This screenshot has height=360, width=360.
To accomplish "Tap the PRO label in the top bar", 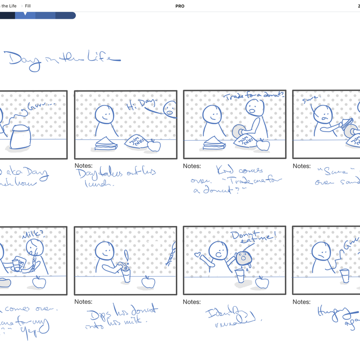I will click(180, 6).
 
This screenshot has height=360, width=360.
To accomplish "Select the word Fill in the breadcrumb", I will click(28, 6).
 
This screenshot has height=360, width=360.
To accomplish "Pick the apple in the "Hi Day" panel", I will click(154, 146).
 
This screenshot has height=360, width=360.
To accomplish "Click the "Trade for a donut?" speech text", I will click(254, 97).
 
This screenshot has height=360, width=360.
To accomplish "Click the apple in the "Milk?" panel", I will click(39, 282).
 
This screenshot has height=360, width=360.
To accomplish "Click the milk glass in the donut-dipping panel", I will click(127, 275).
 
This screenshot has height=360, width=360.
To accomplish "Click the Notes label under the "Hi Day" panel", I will click(83, 166).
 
